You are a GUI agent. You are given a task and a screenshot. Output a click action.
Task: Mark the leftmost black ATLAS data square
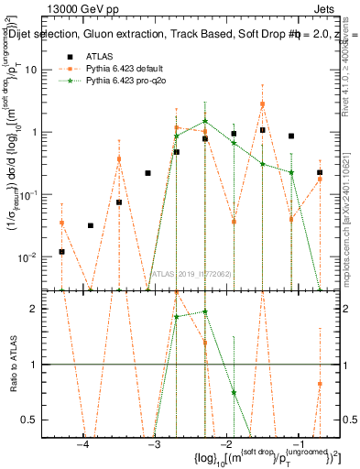[x=61, y=252]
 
